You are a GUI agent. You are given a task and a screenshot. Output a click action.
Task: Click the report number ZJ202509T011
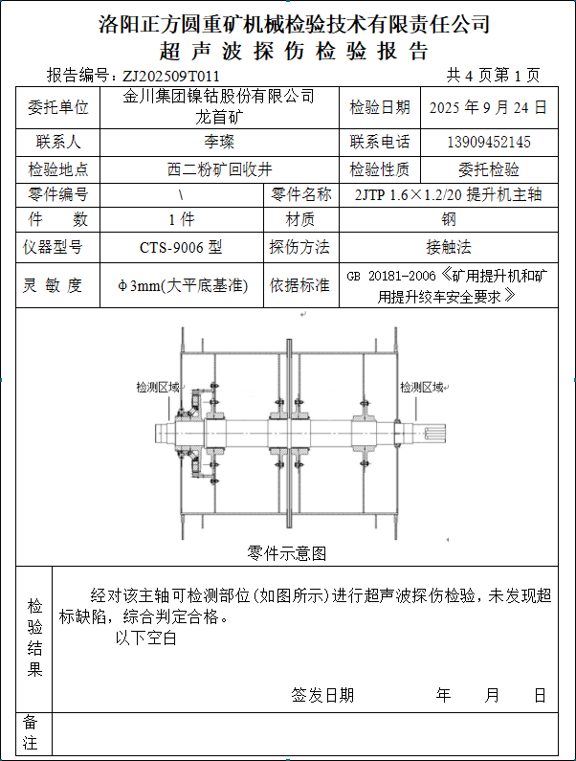(x=170, y=76)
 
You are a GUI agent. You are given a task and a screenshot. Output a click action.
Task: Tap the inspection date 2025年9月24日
(x=489, y=107)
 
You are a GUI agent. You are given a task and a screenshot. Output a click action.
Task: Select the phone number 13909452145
(x=489, y=143)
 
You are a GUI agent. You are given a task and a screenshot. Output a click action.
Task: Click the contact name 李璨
(x=219, y=143)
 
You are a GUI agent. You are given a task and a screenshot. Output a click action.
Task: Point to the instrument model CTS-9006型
(x=181, y=248)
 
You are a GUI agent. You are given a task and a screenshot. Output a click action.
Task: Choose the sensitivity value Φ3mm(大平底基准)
(x=181, y=285)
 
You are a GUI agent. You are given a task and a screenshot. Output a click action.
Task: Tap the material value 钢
(x=448, y=219)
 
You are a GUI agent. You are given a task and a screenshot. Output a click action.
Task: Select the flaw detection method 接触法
(x=448, y=248)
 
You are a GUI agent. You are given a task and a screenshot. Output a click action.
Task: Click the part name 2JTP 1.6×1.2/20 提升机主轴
(x=448, y=195)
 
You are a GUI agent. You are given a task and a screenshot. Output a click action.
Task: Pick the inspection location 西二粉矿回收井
(x=219, y=170)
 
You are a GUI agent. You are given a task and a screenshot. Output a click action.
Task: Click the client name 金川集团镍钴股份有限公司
(x=219, y=96)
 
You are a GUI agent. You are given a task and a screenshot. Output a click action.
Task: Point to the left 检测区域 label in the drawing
(x=157, y=388)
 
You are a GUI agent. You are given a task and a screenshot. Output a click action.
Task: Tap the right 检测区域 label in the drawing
(x=421, y=388)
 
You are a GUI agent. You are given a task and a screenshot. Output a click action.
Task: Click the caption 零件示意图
(x=287, y=553)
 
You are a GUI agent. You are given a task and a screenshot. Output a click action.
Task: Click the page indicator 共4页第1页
(x=493, y=76)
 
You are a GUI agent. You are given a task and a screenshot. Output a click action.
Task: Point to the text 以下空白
(x=146, y=638)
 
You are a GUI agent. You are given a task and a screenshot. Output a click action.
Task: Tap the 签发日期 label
(x=322, y=695)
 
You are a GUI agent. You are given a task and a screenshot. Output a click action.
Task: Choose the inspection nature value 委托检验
(x=489, y=170)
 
